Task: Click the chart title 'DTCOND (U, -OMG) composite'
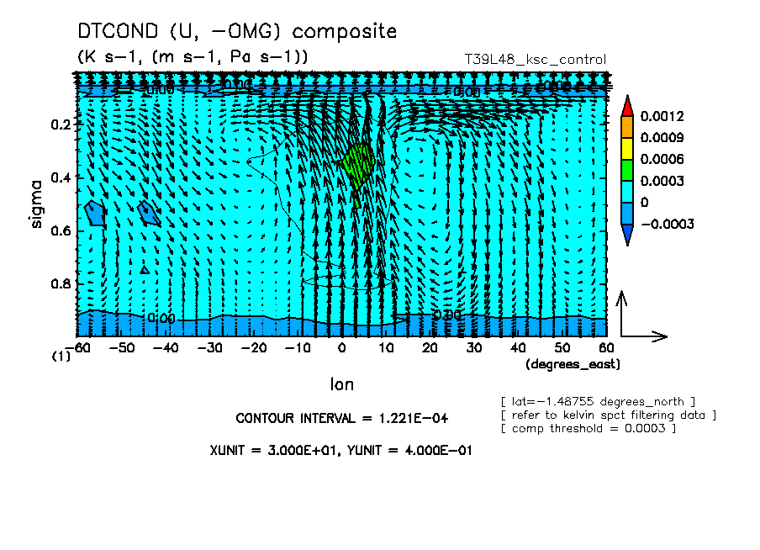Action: (x=237, y=32)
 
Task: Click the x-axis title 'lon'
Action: (x=341, y=384)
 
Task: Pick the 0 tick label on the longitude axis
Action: (x=341, y=347)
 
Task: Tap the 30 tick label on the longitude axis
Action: (x=474, y=347)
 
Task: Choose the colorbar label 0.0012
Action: (x=661, y=115)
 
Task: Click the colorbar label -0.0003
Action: (x=665, y=225)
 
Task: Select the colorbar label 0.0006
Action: (x=661, y=159)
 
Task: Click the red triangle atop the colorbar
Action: (x=627, y=104)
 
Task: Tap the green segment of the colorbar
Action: (x=627, y=170)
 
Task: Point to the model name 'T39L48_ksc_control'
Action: (x=535, y=60)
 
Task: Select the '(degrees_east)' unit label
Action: (x=572, y=364)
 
